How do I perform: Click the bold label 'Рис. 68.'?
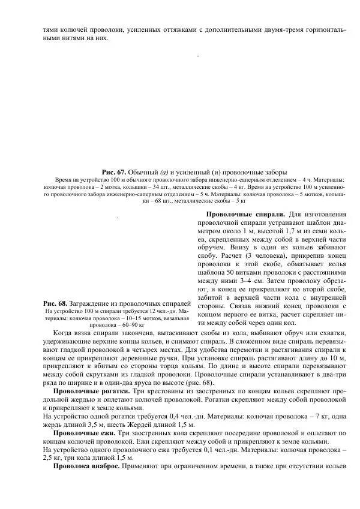click(x=56, y=303)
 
